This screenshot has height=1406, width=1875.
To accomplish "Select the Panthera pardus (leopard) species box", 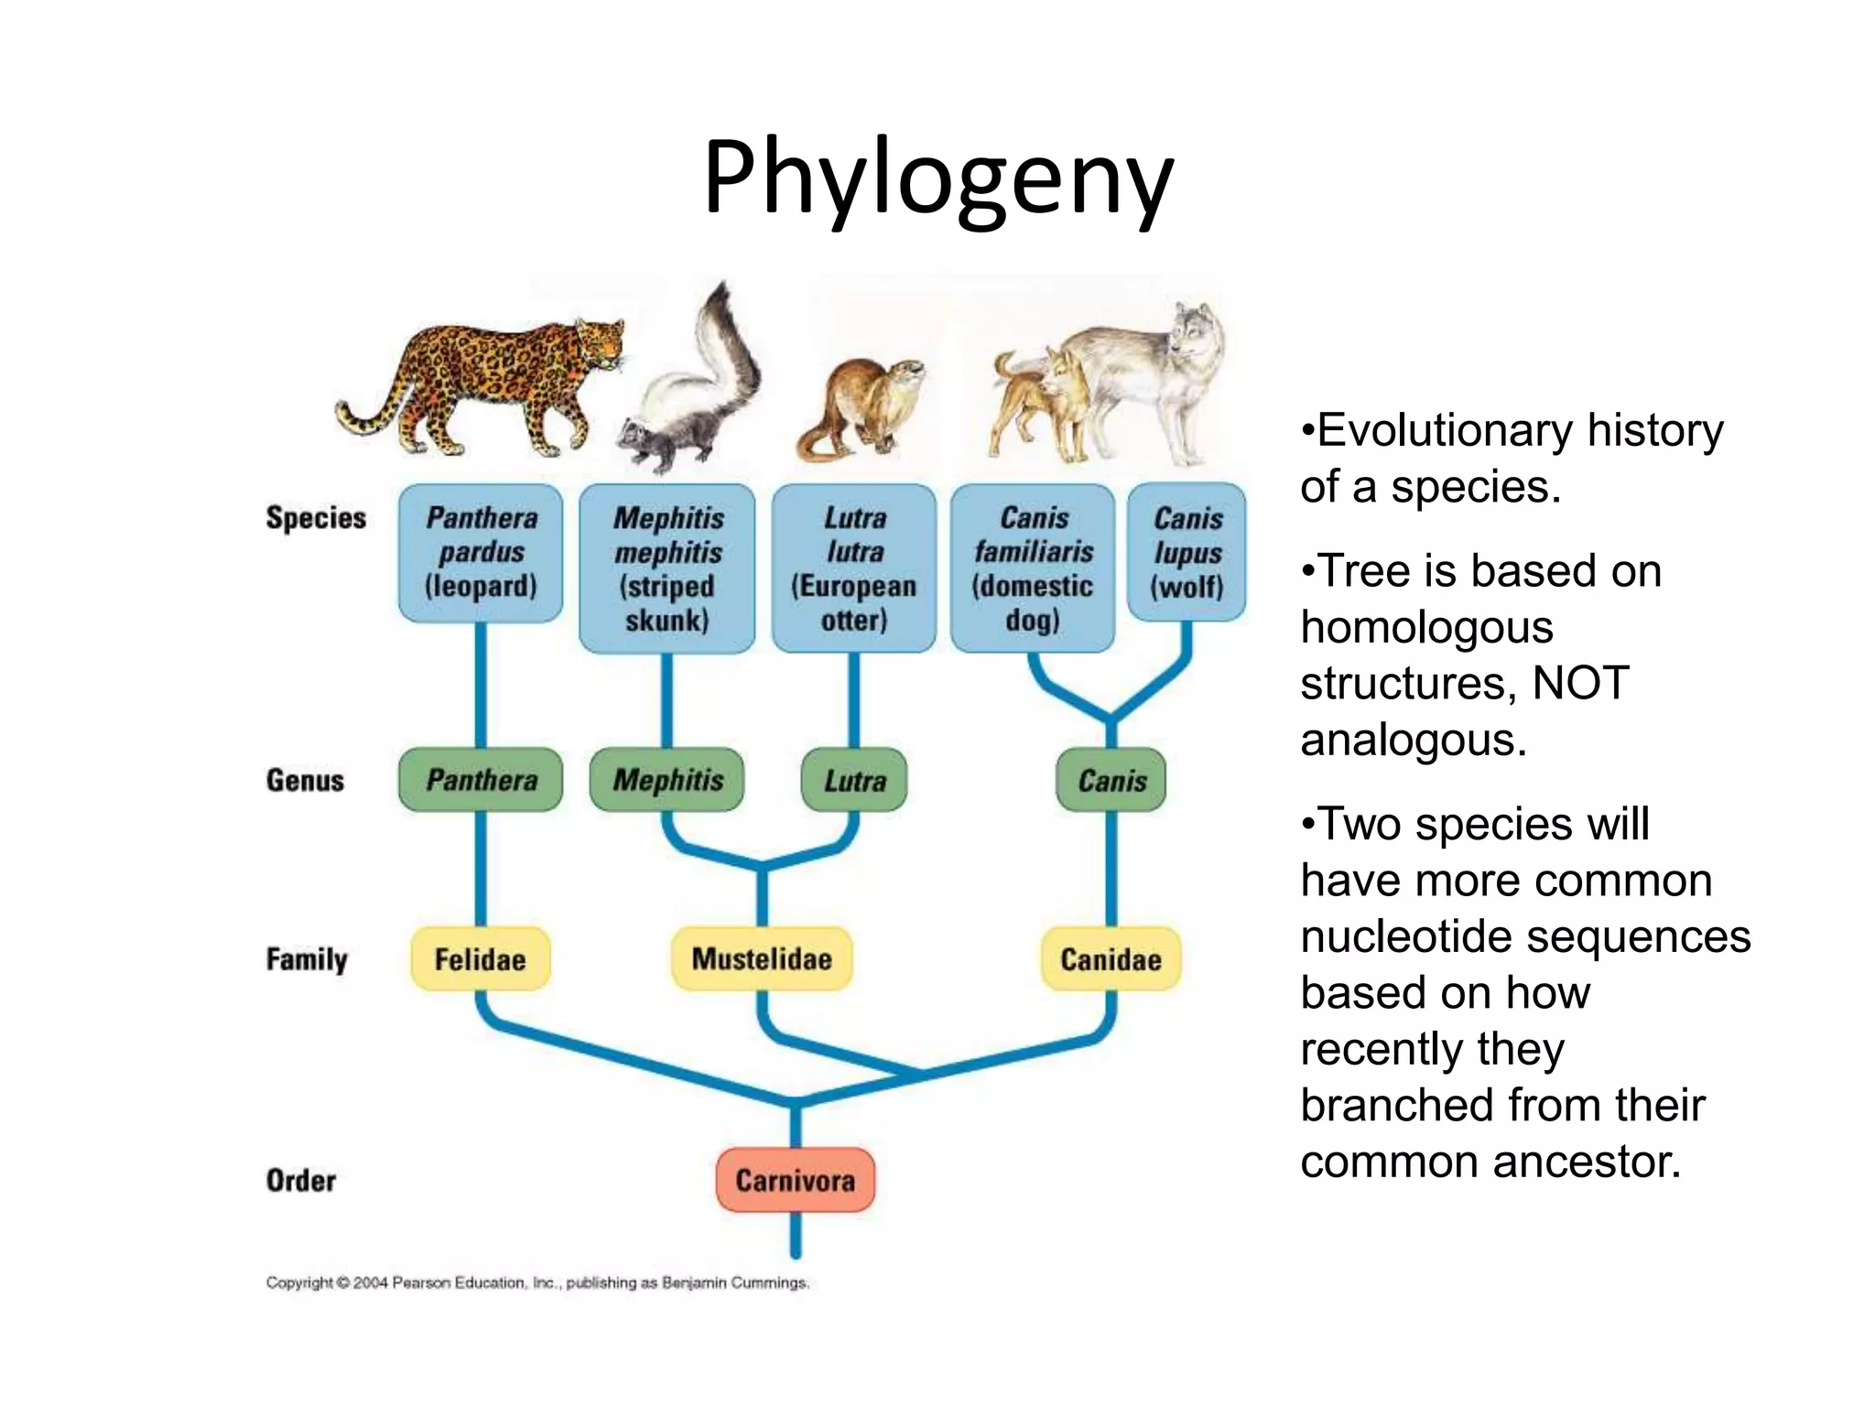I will [481, 553].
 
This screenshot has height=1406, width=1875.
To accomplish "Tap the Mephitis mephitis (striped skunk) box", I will [667, 568].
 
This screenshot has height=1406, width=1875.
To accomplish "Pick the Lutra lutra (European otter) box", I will [854, 568].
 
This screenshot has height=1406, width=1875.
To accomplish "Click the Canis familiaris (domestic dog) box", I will [1033, 568].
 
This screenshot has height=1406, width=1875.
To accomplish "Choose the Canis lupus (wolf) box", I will [1187, 553].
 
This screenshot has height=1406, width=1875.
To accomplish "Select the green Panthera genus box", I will [481, 780].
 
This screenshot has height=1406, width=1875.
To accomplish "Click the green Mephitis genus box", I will [667, 780].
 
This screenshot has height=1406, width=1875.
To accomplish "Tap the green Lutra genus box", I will [854, 781].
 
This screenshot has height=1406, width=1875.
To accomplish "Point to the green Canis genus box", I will [1111, 781].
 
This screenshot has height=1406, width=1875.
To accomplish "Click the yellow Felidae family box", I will [480, 959].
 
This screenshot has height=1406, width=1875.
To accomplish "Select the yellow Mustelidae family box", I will [762, 958].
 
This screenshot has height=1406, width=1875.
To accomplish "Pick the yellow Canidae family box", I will [1111, 959].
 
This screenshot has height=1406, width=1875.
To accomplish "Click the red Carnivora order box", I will [795, 1180].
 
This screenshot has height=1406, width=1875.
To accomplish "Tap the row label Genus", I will [305, 781].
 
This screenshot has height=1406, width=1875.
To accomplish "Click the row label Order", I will [300, 1181].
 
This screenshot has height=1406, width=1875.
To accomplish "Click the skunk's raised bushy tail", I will [723, 348].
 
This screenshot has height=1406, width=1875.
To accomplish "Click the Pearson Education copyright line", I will [537, 1283].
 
